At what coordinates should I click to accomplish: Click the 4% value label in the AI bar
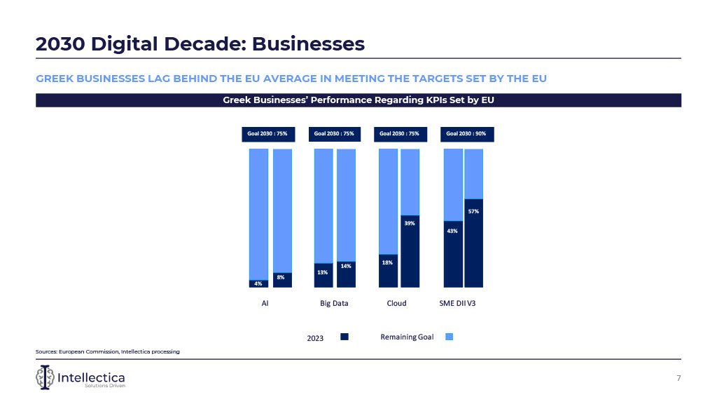coord(258,283)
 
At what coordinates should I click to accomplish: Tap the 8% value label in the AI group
coord(280,278)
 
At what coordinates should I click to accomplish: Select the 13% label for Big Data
coord(323,272)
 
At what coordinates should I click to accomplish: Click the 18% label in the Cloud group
coord(387,262)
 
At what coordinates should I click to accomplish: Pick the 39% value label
coord(410,223)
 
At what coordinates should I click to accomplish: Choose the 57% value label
coord(474,210)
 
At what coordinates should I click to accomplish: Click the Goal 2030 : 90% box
coord(466,133)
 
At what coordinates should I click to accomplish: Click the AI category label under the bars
coord(265,304)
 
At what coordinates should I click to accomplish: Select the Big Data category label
coord(334,304)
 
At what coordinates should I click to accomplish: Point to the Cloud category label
coord(397,304)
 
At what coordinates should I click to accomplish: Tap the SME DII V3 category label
coord(461,304)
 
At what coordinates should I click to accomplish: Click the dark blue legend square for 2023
coord(344,337)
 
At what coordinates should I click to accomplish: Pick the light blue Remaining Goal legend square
coord(450,337)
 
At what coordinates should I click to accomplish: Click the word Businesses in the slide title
coord(308,44)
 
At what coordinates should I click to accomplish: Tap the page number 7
coord(678,378)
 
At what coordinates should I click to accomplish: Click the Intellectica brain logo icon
coord(45,378)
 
